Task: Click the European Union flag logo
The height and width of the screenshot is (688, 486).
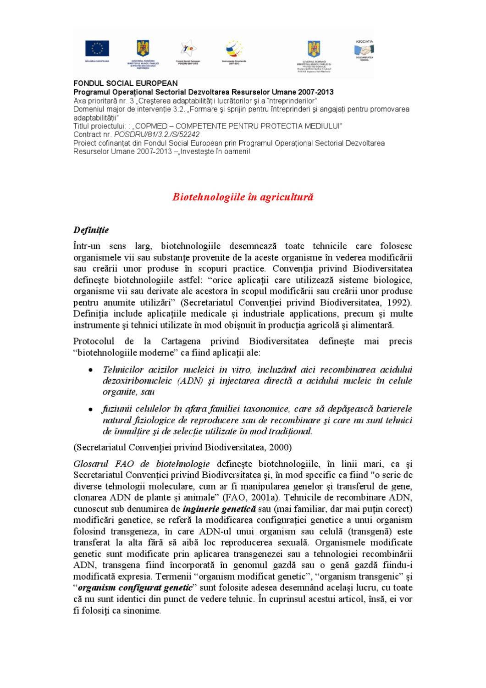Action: pyautogui.click(x=97, y=48)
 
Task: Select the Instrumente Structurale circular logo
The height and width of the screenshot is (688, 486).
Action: pyautogui.click(x=234, y=49)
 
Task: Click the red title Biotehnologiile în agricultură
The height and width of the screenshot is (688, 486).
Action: pyautogui.click(x=243, y=197)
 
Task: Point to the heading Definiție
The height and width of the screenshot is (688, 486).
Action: pyautogui.click(x=91, y=230)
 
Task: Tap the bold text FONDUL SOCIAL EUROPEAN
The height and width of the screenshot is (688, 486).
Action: pyautogui.click(x=126, y=83)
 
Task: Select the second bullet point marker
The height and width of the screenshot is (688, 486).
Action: pyautogui.click(x=92, y=409)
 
